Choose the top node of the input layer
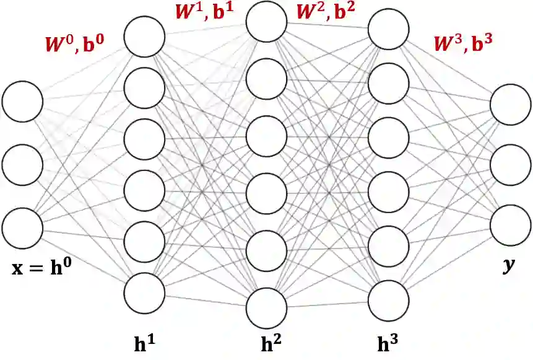(22, 101)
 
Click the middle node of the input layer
(22, 164)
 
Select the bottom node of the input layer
(22, 227)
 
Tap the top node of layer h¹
(145, 37)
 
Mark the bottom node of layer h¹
(145, 291)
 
